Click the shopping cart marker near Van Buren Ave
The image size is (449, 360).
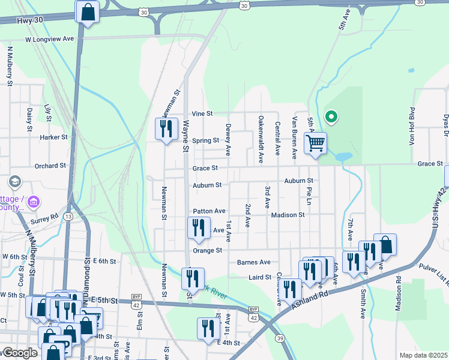[x=315, y=143]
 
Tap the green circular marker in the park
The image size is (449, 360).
[x=330, y=116]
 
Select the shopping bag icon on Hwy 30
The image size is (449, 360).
[x=88, y=11]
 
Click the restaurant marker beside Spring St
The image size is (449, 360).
[x=166, y=129]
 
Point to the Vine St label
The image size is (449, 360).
[x=202, y=113]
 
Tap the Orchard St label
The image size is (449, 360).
[x=50, y=166]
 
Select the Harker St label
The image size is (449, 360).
[x=54, y=137]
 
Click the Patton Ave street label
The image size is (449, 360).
[x=209, y=211]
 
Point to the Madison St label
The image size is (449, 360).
[x=288, y=215]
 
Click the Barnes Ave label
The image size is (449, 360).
[x=254, y=262]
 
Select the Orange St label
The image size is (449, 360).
[x=207, y=250]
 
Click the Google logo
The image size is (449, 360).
[x=19, y=353]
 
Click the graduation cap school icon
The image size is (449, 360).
[x=14, y=181]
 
